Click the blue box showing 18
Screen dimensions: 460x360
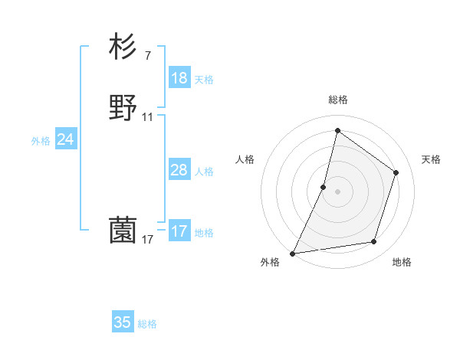[179, 78]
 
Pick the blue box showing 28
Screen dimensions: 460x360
[179, 170]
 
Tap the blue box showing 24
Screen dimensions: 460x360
[66, 139]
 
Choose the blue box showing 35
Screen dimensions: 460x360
[123, 322]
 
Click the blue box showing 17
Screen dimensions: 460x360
[179, 231]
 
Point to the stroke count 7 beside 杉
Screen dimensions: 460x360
[147, 56]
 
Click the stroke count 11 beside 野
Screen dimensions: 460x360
[148, 117]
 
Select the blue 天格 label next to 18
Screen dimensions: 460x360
[204, 80]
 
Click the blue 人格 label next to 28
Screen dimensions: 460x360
[204, 172]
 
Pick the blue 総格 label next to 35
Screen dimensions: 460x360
[147, 324]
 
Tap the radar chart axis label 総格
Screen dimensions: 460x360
[338, 100]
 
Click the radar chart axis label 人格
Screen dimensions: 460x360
[245, 159]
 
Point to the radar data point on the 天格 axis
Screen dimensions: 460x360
[396, 172]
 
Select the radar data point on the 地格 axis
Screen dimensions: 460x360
[374, 242]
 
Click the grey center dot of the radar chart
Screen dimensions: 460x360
[338, 191]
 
